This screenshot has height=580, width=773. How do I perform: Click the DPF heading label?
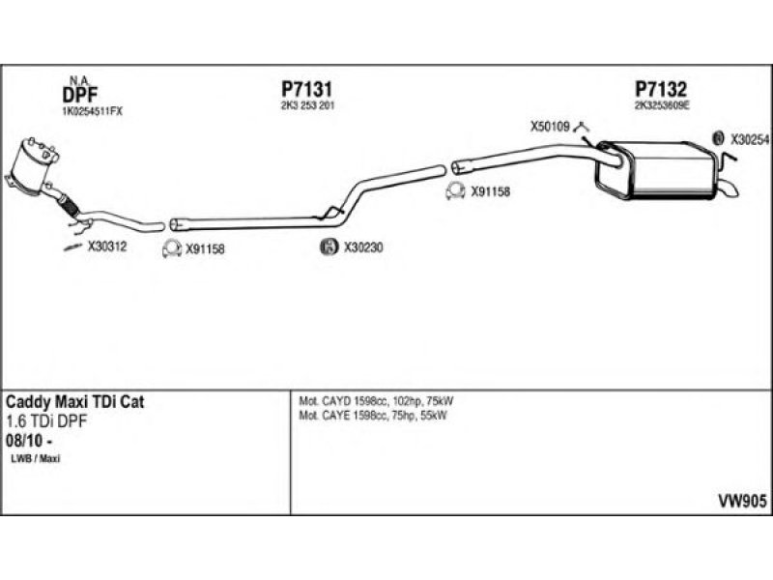pos(78,95)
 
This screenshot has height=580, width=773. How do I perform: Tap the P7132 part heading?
pos(661,88)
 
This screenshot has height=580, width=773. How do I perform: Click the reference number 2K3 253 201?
pos(307,104)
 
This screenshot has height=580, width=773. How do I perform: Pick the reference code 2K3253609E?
pos(662,104)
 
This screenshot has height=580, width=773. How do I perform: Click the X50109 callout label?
pos(551,127)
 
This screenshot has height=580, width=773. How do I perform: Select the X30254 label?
pos(750,139)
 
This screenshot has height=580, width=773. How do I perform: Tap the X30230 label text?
pos(364,247)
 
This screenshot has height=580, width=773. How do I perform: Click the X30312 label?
pos(107,246)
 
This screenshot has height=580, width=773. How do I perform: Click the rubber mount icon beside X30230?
pos(328,247)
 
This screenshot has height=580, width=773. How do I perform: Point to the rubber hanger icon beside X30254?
pos(718,139)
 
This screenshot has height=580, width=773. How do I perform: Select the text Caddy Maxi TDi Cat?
pos(75,402)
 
